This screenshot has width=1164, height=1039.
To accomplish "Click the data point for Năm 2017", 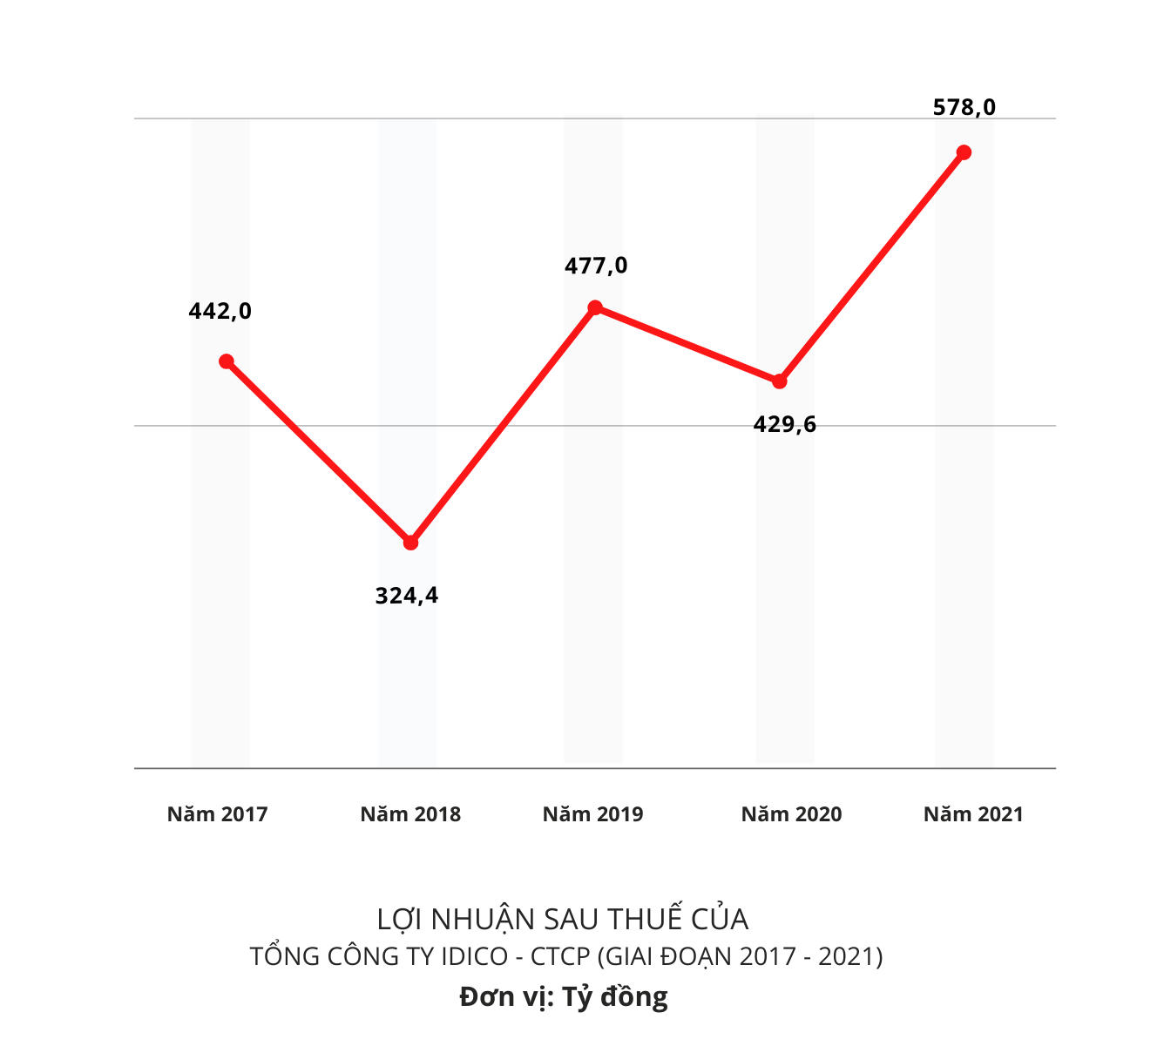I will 227,361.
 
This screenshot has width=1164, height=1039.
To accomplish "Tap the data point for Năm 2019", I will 595,307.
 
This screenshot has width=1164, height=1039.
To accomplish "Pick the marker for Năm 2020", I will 780,381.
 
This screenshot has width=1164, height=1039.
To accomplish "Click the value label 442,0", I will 220,311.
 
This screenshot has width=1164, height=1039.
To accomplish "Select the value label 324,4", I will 407,596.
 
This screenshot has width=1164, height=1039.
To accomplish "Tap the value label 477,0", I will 596,266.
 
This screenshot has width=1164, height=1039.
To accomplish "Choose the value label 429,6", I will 785,424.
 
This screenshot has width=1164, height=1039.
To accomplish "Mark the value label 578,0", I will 964,107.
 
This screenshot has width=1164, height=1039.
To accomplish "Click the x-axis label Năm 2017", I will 217,814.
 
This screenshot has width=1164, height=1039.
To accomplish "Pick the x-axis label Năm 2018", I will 410,814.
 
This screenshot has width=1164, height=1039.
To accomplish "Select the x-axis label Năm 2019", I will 592,814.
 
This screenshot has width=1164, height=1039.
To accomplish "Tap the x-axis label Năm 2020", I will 791,814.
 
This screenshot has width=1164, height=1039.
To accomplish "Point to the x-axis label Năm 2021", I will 973,814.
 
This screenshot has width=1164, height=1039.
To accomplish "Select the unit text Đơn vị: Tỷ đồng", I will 564,996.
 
